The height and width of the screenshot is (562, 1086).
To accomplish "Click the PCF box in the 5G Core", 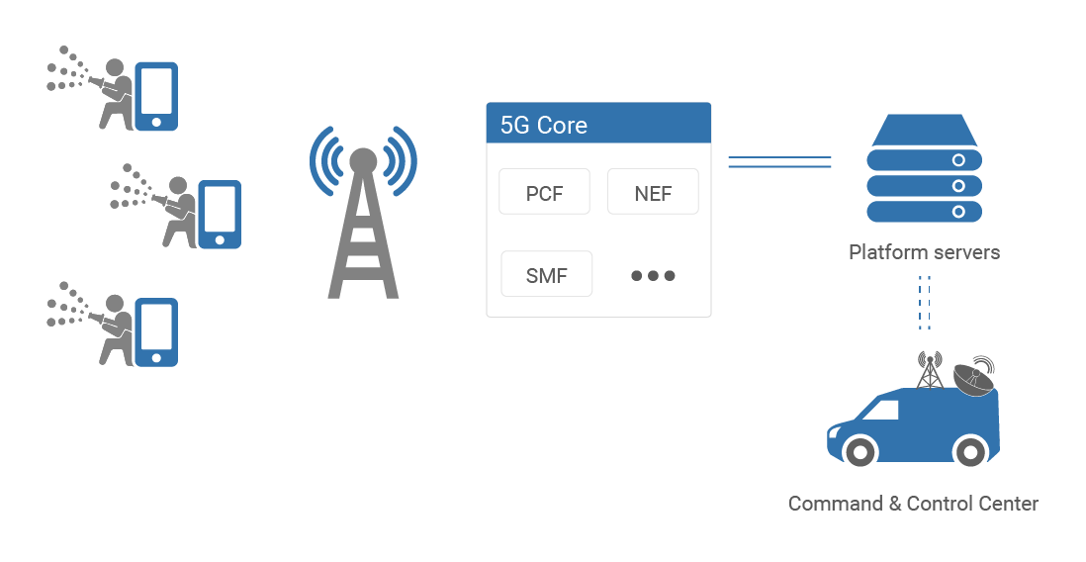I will (x=544, y=192).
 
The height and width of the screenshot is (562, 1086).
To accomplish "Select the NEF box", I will (x=653, y=192).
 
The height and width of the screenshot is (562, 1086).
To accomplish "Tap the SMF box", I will (x=547, y=275).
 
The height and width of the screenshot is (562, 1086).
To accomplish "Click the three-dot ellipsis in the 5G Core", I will (x=653, y=275).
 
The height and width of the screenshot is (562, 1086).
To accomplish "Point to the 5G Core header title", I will (x=544, y=126).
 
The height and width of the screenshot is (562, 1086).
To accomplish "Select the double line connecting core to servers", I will (x=779, y=161).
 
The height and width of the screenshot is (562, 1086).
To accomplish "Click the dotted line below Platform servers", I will (x=925, y=302).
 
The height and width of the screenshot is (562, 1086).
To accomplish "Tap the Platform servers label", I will (x=924, y=252).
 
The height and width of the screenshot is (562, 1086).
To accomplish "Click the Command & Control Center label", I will (x=913, y=504).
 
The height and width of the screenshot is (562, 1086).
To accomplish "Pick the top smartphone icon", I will (x=156, y=96).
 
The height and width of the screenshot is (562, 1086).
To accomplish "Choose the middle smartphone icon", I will (x=220, y=214).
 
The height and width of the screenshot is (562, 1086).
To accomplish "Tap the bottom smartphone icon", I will (x=156, y=332).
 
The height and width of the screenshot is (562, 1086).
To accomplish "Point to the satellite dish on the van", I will (x=974, y=377).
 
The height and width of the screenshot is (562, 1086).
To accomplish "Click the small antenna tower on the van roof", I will (x=928, y=370).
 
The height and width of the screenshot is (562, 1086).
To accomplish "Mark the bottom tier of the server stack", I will (x=924, y=212).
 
